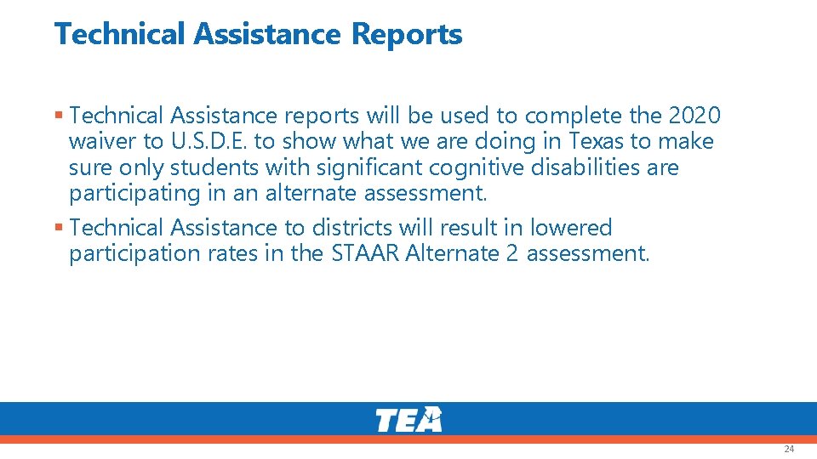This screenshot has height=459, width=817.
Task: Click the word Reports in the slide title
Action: click(406, 34)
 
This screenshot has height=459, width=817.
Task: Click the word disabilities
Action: click(586, 167)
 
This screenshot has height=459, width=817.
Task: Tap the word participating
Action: click(134, 194)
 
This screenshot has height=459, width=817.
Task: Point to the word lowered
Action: click(571, 228)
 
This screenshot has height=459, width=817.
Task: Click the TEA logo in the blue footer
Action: click(409, 420)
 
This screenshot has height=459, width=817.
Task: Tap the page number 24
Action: click(789, 448)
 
